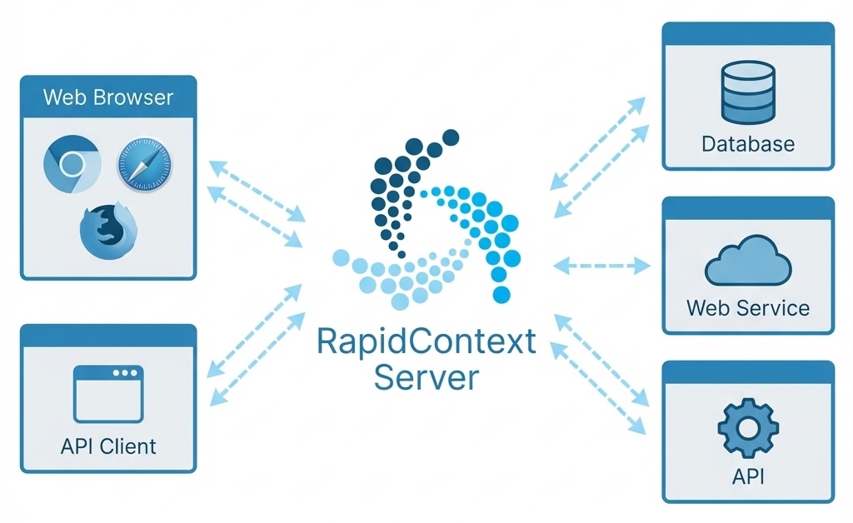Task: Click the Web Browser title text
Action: click(108, 97)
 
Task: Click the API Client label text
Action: click(108, 446)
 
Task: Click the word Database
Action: click(748, 144)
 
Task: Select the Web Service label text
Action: click(748, 308)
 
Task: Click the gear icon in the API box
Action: click(747, 427)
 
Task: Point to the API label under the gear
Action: click(748, 476)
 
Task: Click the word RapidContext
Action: click(426, 343)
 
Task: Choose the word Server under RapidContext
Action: click(426, 377)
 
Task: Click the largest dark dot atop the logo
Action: click(451, 137)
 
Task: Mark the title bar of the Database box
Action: click(748, 32)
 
